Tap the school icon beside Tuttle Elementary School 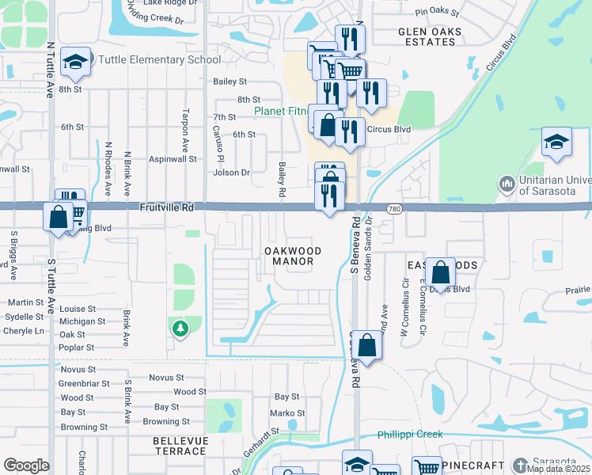tap(75, 61)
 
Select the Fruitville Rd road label tap(166, 207)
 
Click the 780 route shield tap(394, 207)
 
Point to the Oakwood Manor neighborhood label tap(292, 256)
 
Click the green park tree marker tap(180, 328)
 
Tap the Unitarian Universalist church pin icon tap(507, 184)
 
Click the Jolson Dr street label tap(231, 173)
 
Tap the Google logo tap(26, 465)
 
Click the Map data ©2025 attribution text tap(558, 469)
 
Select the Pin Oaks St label tap(437, 12)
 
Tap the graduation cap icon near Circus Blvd tap(556, 142)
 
